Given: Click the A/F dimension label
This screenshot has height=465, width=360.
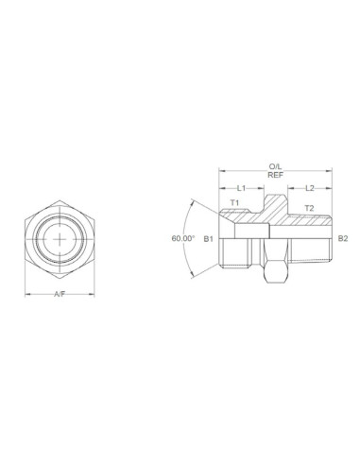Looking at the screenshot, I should (59, 294).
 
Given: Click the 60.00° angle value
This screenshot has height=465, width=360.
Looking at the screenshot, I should (183, 238).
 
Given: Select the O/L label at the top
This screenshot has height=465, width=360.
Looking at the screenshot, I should (275, 165).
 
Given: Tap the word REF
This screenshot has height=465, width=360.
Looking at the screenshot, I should (275, 175).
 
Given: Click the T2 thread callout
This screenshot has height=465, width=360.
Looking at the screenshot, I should (308, 207).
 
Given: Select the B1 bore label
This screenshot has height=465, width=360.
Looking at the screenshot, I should (210, 238).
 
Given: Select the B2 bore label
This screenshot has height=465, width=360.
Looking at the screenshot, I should (343, 238).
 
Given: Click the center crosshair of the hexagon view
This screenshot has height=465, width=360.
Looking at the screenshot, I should (60, 238).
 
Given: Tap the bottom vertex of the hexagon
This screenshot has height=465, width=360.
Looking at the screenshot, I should (60, 279).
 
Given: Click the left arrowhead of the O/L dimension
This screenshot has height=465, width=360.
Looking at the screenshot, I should (221, 170).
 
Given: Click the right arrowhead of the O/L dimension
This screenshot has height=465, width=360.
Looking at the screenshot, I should (330, 170).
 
